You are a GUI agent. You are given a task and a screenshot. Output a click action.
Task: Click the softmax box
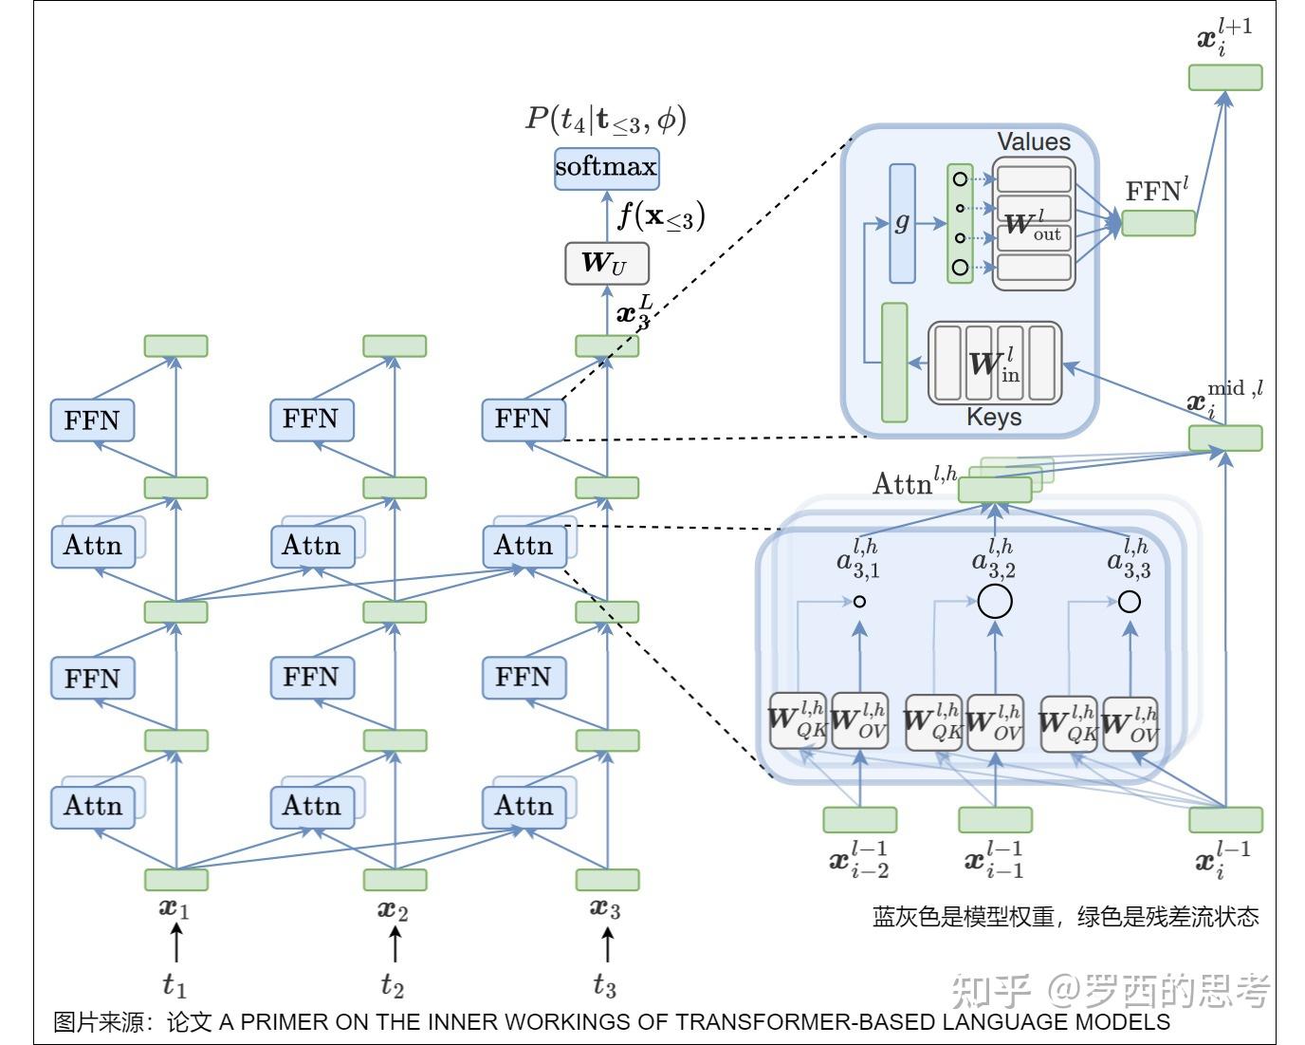[606, 168]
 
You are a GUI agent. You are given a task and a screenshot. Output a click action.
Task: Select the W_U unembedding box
[606, 263]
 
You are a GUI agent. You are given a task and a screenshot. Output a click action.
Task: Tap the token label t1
[175, 985]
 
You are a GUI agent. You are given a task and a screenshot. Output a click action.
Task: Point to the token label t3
[605, 985]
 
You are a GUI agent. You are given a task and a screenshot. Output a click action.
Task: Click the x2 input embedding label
[393, 909]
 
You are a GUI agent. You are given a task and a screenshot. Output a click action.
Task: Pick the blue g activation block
[902, 223]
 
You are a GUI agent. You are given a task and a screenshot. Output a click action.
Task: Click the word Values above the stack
[1033, 142]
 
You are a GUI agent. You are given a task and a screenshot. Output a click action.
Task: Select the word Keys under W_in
[993, 417]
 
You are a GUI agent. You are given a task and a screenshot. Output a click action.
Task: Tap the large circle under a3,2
[995, 601]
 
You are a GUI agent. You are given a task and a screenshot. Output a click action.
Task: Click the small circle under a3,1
[859, 601]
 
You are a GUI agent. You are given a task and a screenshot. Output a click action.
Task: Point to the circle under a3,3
[1129, 601]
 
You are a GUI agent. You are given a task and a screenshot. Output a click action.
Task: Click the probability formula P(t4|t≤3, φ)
[606, 119]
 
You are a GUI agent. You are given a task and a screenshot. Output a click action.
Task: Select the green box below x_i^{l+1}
[1225, 77]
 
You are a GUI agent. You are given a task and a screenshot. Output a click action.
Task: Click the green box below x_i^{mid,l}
[1225, 438]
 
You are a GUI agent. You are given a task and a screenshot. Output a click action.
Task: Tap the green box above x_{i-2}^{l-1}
[859, 819]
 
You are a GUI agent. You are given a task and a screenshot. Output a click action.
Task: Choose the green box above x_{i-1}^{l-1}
[995, 819]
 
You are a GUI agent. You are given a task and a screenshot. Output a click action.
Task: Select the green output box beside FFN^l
[1158, 223]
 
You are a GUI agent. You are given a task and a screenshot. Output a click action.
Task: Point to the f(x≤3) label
[661, 216]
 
